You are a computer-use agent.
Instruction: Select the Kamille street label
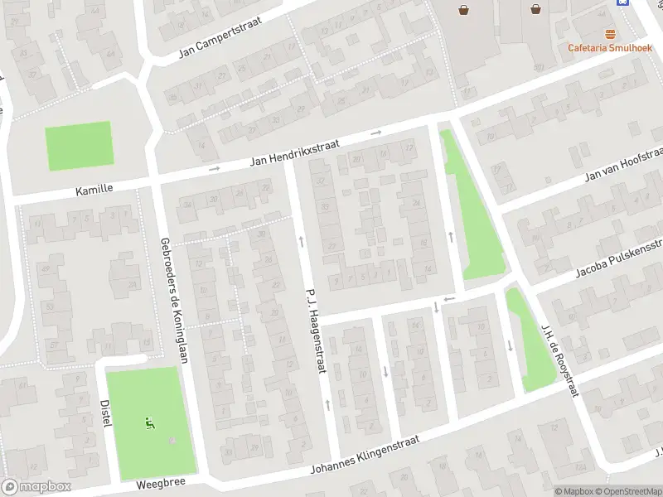[x=94, y=190]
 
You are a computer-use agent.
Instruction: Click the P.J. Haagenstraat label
[x=315, y=330]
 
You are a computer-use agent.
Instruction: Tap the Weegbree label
[x=159, y=482]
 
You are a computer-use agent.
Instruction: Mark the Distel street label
[x=106, y=408]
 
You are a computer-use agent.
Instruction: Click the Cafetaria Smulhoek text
[x=610, y=47]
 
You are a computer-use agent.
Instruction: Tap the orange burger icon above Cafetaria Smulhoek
[x=611, y=33]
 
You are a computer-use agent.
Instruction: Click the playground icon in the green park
[x=149, y=423]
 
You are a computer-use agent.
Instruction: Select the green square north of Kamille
[x=78, y=146]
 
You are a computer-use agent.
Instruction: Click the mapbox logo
[x=36, y=486]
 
